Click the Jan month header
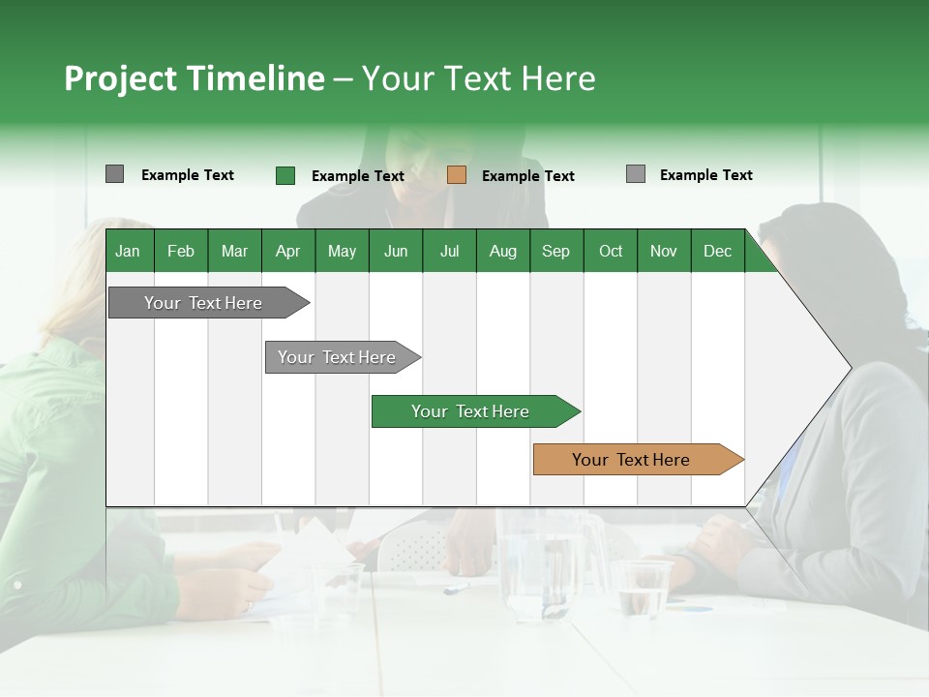(128, 251)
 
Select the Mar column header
(234, 251)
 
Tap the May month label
(342, 251)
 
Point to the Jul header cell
(449, 251)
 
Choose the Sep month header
(555, 251)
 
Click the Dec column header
(717, 251)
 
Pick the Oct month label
(611, 251)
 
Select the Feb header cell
(181, 251)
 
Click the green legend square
(285, 175)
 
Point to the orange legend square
(457, 175)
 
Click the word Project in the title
(121, 78)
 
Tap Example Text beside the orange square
(527, 176)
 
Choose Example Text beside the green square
(357, 176)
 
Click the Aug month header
(502, 251)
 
